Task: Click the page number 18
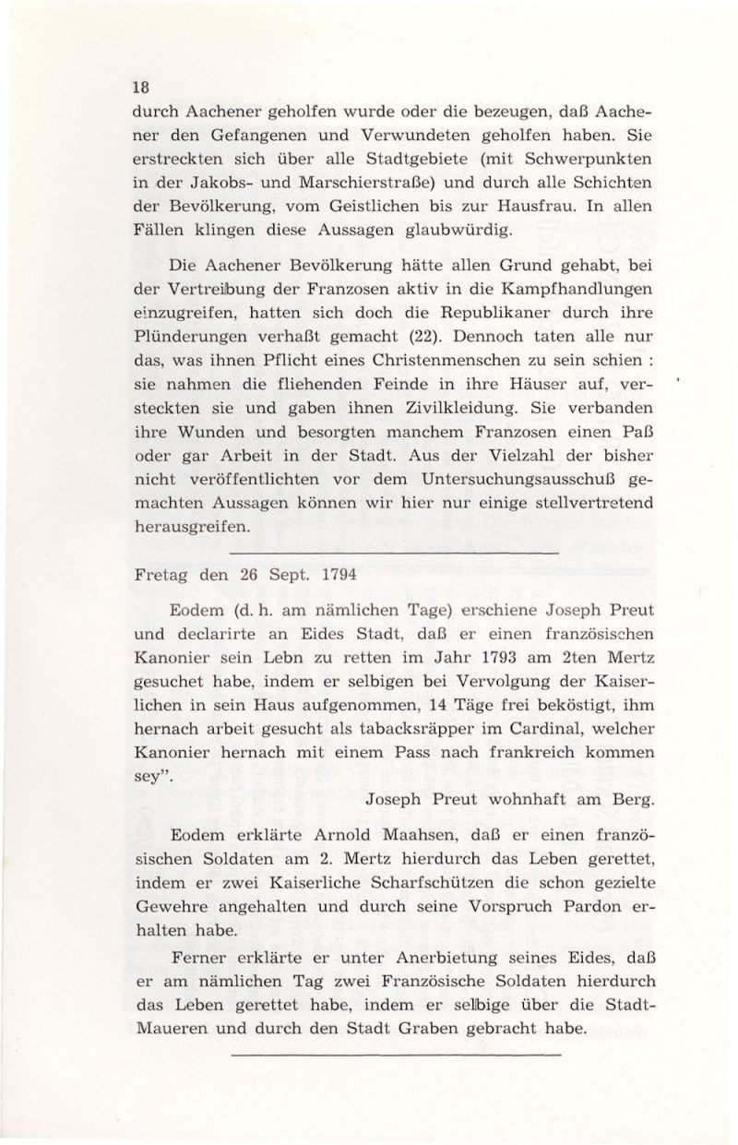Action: click(140, 89)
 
